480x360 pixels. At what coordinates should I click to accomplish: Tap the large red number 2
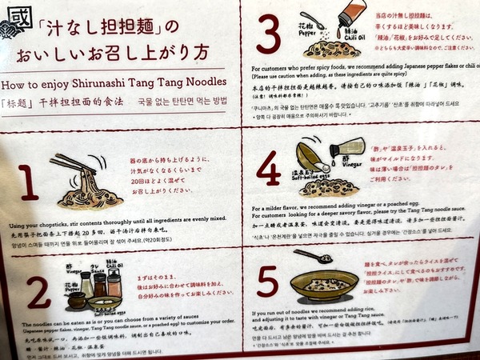click(38, 293)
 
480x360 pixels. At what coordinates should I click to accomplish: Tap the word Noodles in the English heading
click(204, 82)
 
